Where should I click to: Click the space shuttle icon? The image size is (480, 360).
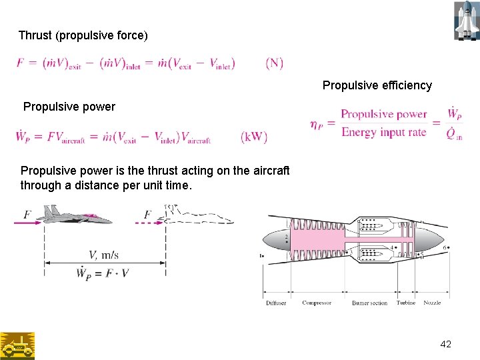coord(466,21)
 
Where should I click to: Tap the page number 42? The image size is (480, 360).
coord(446,344)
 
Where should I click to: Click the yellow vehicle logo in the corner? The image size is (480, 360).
coord(17,346)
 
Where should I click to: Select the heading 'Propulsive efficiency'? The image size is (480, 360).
coord(377,85)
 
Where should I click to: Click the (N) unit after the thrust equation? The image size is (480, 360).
coord(274,63)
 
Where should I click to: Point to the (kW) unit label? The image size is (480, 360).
coord(254,137)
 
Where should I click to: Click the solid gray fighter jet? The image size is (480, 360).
coord(75,215)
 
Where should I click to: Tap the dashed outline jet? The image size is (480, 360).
coord(197,215)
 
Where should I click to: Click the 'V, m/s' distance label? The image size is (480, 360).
coord(103,254)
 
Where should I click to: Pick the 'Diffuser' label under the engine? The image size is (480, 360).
coord(276,303)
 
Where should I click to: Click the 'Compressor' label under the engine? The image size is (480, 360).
coord(317,303)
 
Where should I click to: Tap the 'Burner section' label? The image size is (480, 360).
coord(369,303)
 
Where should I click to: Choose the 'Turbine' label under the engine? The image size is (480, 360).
coord(406,303)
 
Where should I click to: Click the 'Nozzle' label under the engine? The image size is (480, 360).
coord(432,303)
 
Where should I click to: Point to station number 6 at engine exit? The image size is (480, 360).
coord(445,247)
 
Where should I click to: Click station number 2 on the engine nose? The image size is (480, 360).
coord(286,237)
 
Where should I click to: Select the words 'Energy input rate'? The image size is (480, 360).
coord(383,132)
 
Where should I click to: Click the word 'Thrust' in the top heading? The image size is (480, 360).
coord(35,35)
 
